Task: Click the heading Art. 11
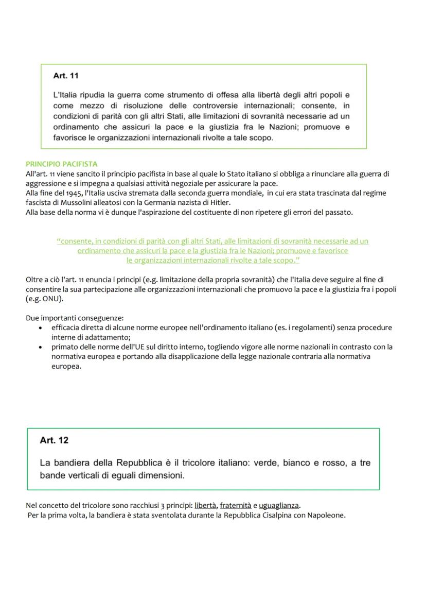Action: coord(66,76)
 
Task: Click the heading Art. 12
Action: coord(54,440)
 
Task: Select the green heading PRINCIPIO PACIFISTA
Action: coord(61,164)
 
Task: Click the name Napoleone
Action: coord(326,515)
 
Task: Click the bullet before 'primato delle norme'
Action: coord(41,347)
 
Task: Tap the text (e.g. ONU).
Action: coord(45,299)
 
